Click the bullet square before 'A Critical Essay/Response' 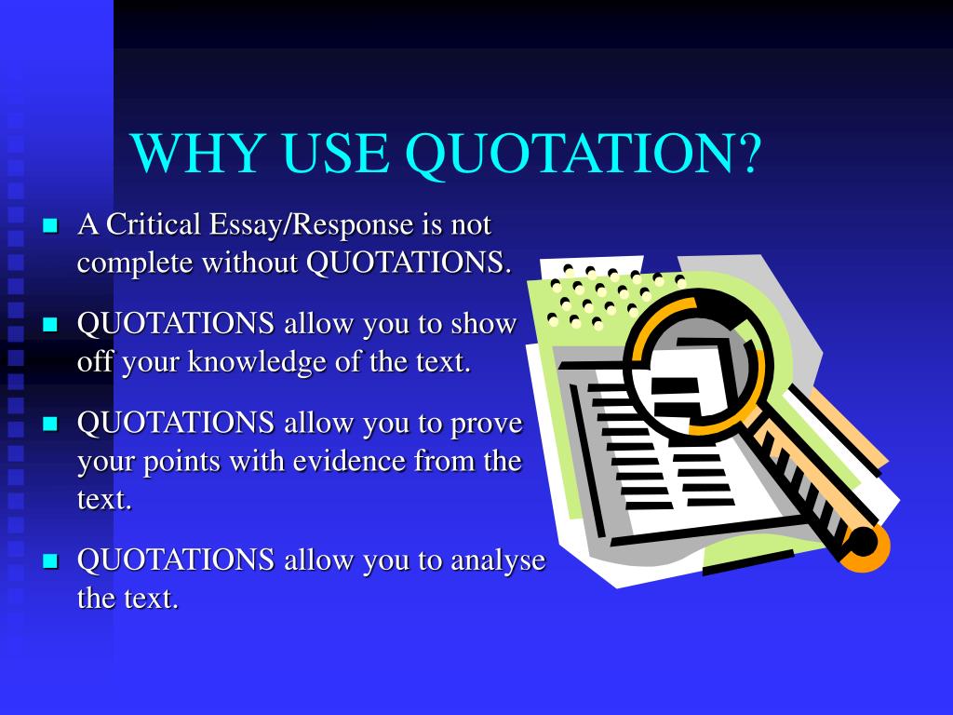tap(50, 225)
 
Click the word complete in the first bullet tap(135, 263)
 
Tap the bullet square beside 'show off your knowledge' tap(50, 324)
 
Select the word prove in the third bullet tap(487, 424)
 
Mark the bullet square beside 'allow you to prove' tap(50, 424)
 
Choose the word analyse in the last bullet tap(498, 560)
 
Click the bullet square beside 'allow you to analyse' tap(50, 560)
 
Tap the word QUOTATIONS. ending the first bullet tap(409, 263)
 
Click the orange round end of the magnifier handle tap(866, 545)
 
